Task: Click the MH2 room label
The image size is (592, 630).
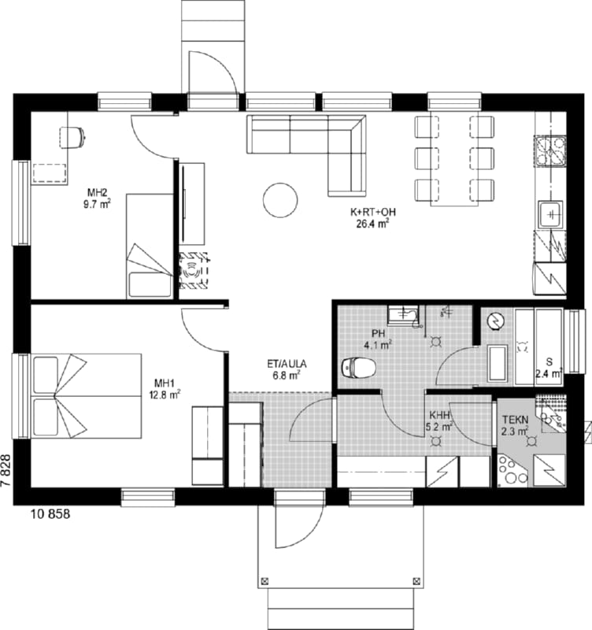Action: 97,192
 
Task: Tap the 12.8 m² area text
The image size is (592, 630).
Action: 165,395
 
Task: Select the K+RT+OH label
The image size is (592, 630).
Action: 373,212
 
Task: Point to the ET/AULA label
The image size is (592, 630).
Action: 287,364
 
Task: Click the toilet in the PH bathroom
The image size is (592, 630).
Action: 359,367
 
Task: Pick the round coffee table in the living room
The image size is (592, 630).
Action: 280,200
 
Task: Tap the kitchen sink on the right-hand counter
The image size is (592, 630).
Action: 550,214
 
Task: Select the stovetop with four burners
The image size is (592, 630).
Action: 549,151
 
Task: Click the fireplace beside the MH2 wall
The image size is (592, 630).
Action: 194,271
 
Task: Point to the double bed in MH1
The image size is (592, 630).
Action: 87,396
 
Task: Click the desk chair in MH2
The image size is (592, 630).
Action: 72,137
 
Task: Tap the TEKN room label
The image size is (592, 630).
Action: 516,420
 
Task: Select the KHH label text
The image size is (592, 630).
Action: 439,415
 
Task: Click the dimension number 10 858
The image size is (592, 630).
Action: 50,514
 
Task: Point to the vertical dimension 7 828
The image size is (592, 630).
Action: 6,471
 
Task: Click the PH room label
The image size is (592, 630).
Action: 379,333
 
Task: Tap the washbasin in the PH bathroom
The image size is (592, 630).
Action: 403,315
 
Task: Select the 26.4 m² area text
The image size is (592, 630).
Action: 372,224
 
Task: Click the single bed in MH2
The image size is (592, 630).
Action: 150,246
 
